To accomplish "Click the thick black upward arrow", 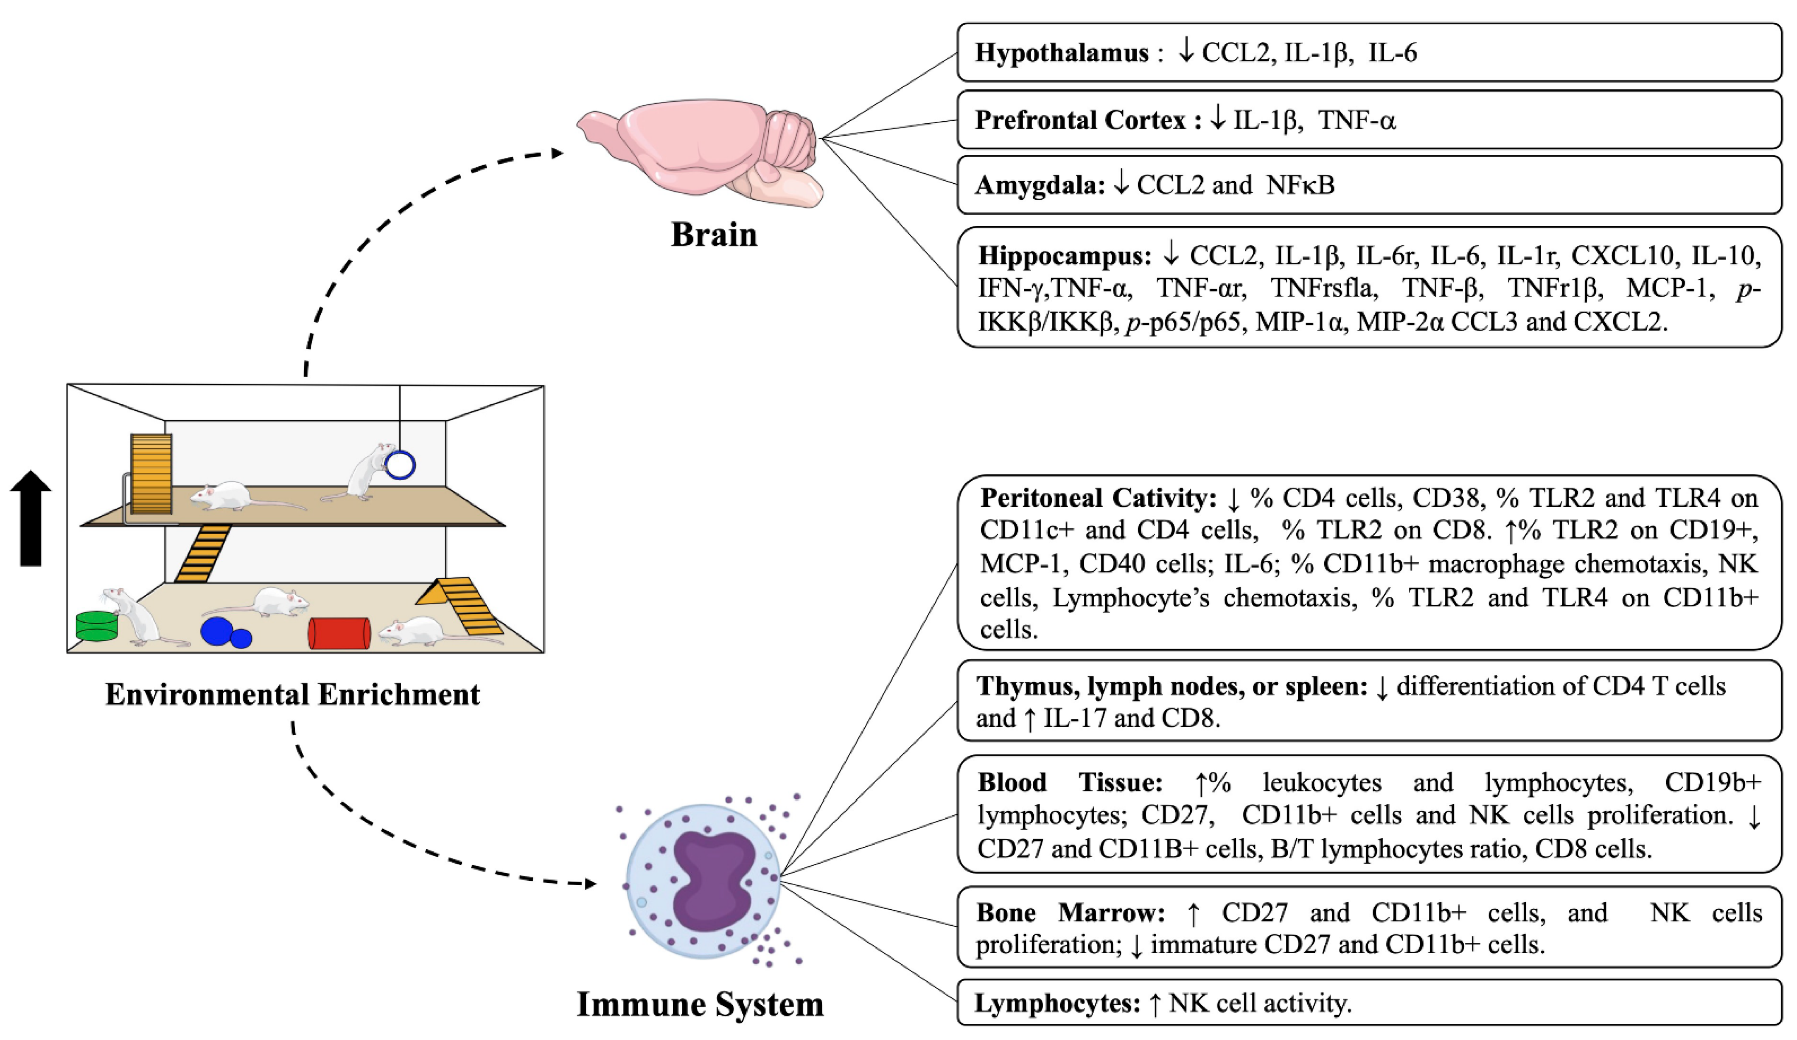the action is pos(31,518).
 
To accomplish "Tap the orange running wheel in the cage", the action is pos(151,474).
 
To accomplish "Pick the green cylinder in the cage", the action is pos(96,626).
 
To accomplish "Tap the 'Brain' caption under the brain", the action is pos(714,235).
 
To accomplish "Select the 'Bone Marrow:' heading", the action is pos(1071,913).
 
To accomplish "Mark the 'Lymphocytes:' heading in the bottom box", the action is pos(1058,1004).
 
